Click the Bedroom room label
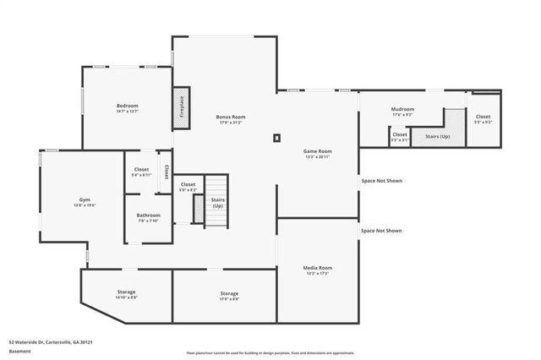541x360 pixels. point(127,107)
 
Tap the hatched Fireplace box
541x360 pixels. point(181,108)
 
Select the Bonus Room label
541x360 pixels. point(230,119)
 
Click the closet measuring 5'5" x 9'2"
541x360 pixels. point(483,119)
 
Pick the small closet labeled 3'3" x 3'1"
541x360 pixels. point(400,136)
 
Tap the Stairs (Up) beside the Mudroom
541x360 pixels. point(437,135)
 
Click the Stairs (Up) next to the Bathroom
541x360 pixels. point(217,203)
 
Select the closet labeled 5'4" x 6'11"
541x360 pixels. point(141,172)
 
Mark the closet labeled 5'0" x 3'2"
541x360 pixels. point(188,187)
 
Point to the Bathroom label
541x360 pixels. point(148,218)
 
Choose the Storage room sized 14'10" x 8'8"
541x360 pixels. point(126,294)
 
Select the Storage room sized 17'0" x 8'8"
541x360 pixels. point(229,296)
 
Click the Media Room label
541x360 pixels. point(318,270)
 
